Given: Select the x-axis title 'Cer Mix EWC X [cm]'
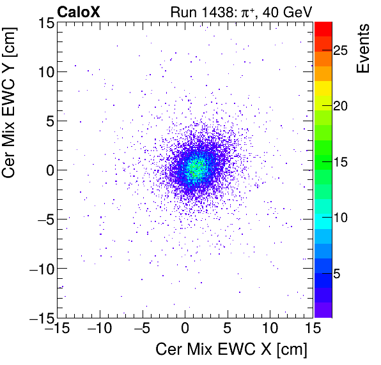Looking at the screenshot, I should point(231,350).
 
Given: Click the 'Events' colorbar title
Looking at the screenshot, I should point(364,48).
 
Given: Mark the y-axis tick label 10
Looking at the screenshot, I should point(43,71).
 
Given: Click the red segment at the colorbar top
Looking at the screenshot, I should point(323,28).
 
